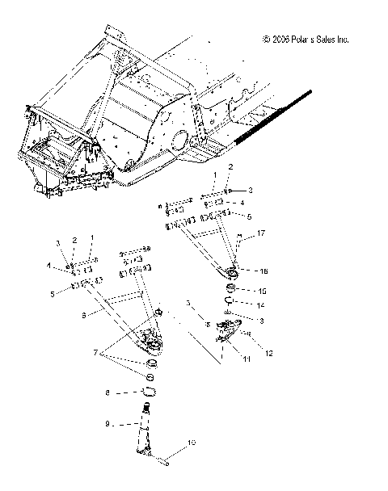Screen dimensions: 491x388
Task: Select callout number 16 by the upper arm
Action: (x=262, y=271)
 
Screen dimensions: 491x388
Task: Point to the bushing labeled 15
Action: (x=230, y=290)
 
